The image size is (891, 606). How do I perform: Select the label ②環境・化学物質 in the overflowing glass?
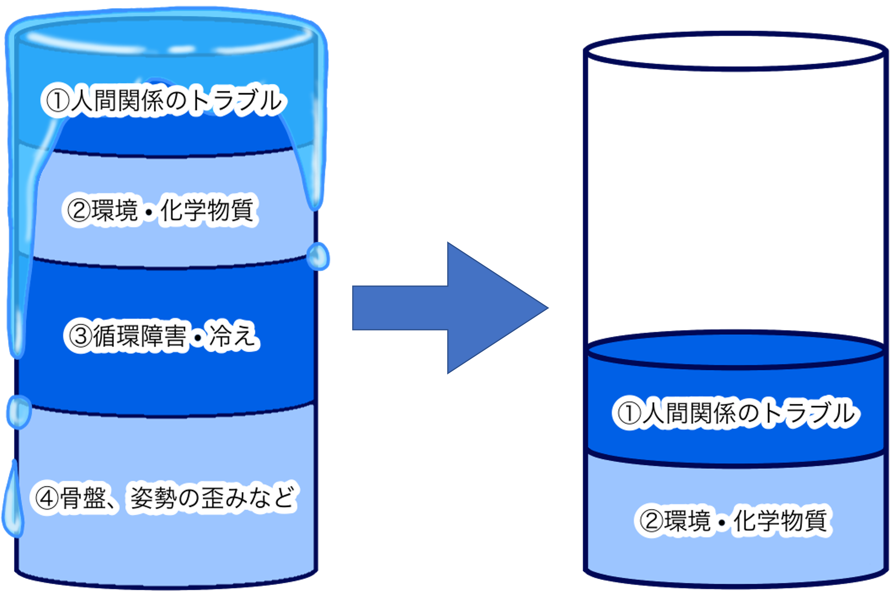coord(160,210)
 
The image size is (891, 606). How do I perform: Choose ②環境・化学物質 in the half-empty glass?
coord(733,521)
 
